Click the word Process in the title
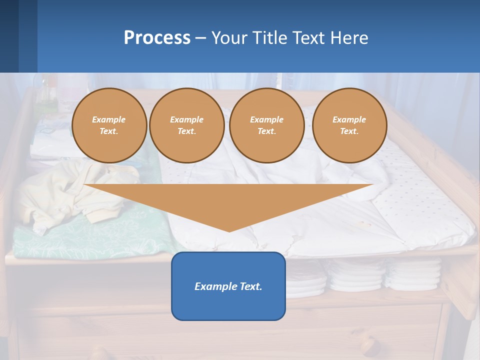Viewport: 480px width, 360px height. pos(157,38)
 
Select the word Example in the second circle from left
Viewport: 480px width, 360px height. pos(186,119)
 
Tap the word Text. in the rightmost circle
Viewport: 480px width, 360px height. pos(349,131)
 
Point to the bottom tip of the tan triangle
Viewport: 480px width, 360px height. pos(229,230)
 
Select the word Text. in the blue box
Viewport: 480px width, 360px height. pos(251,286)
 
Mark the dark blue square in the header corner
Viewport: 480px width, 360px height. pos(9,36)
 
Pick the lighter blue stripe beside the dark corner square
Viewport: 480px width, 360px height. pos(28,36)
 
